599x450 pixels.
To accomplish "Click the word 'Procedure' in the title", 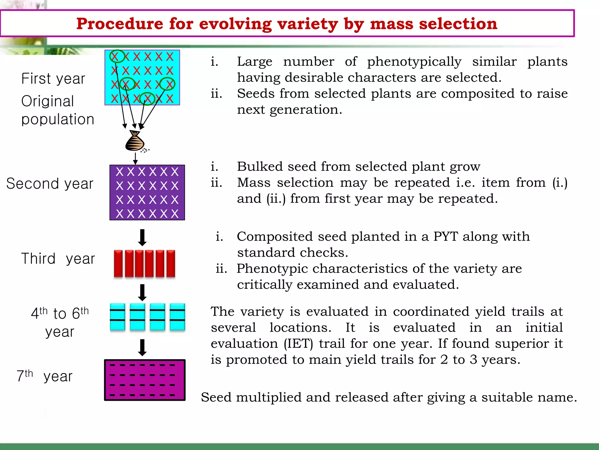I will tap(119, 24).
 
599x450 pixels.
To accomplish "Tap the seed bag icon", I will tap(135, 142).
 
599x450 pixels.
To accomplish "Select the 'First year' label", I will tap(53, 79).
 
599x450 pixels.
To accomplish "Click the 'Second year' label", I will tap(50, 184).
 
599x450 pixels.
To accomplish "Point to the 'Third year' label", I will tap(58, 259).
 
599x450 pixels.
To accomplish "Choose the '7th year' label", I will tap(44, 376).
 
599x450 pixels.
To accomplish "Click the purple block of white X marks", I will tap(147, 192).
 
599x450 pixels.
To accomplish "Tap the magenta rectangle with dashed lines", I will tap(145, 380).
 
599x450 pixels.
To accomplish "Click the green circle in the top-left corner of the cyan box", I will tap(117, 56).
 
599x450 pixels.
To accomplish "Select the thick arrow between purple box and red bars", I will tap(142, 237).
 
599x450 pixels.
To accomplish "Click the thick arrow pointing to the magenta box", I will tap(142, 347).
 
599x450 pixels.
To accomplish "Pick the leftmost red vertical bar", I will tap(118, 263).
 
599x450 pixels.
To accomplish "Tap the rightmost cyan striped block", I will tap(177, 317).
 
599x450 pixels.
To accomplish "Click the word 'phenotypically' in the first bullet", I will tap(414, 62).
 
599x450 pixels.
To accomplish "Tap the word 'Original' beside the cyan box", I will tap(48, 101).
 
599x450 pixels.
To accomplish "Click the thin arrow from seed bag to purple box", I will tap(135, 158).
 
